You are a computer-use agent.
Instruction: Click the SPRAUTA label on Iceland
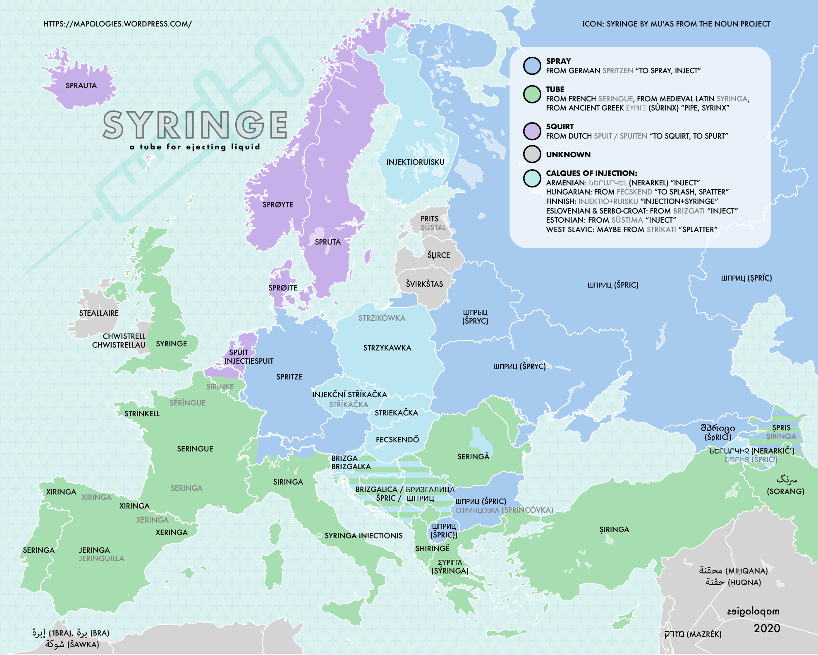tap(81, 86)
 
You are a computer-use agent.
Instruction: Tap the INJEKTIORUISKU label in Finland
tap(415, 162)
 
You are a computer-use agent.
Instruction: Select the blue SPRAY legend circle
tap(532, 66)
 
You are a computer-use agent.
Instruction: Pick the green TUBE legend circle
tap(532, 94)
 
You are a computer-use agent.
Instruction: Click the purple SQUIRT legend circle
tap(532, 131)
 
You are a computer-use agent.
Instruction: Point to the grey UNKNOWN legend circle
tap(532, 154)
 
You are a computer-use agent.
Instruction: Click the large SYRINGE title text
tap(195, 125)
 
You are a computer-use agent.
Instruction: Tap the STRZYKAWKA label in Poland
tap(387, 348)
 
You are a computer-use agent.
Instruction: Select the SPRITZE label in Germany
tap(289, 377)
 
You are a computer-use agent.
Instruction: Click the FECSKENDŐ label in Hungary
tap(397, 440)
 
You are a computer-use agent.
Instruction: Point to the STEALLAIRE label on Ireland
tap(99, 313)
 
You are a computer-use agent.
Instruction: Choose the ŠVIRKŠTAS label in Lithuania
tap(424, 284)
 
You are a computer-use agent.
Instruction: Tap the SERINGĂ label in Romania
tap(473, 457)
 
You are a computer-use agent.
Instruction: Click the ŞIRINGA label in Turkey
tap(614, 530)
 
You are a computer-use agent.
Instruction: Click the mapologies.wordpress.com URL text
tap(117, 24)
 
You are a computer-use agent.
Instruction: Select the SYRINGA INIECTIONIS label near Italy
tap(363, 536)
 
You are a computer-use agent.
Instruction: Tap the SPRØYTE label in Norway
tap(278, 205)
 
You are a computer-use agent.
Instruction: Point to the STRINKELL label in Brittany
tap(142, 414)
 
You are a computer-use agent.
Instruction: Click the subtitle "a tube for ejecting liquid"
tap(195, 147)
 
